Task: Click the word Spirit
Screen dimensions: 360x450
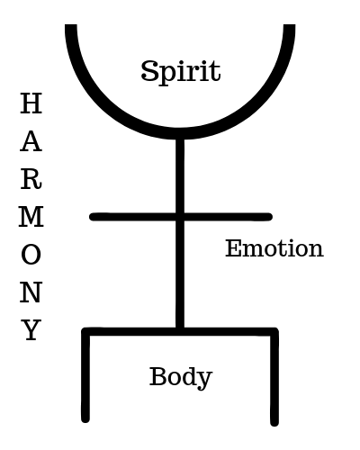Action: click(x=181, y=72)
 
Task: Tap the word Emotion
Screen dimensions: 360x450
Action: click(x=274, y=248)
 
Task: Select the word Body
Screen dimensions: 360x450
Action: click(x=181, y=377)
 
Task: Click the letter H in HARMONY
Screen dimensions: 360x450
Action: click(x=31, y=103)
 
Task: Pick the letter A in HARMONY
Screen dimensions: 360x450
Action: click(x=31, y=141)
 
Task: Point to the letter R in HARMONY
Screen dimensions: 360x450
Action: click(x=31, y=179)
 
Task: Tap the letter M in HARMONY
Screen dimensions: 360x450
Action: click(x=31, y=216)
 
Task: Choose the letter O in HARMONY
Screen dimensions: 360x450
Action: click(x=31, y=255)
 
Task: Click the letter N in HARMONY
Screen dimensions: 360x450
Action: click(x=31, y=292)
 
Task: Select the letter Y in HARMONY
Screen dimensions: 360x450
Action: click(x=31, y=329)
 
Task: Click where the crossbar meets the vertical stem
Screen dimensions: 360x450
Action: click(x=180, y=217)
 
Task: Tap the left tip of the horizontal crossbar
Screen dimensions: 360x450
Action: click(x=93, y=217)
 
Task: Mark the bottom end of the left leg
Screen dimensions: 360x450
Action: click(x=85, y=419)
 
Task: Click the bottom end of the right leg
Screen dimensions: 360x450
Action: click(x=274, y=423)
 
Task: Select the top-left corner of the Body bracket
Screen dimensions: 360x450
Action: click(x=85, y=332)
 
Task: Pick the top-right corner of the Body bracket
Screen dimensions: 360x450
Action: click(x=274, y=332)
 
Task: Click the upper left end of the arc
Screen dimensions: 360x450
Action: click(x=71, y=26)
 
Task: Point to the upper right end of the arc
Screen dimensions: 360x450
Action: click(x=289, y=26)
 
